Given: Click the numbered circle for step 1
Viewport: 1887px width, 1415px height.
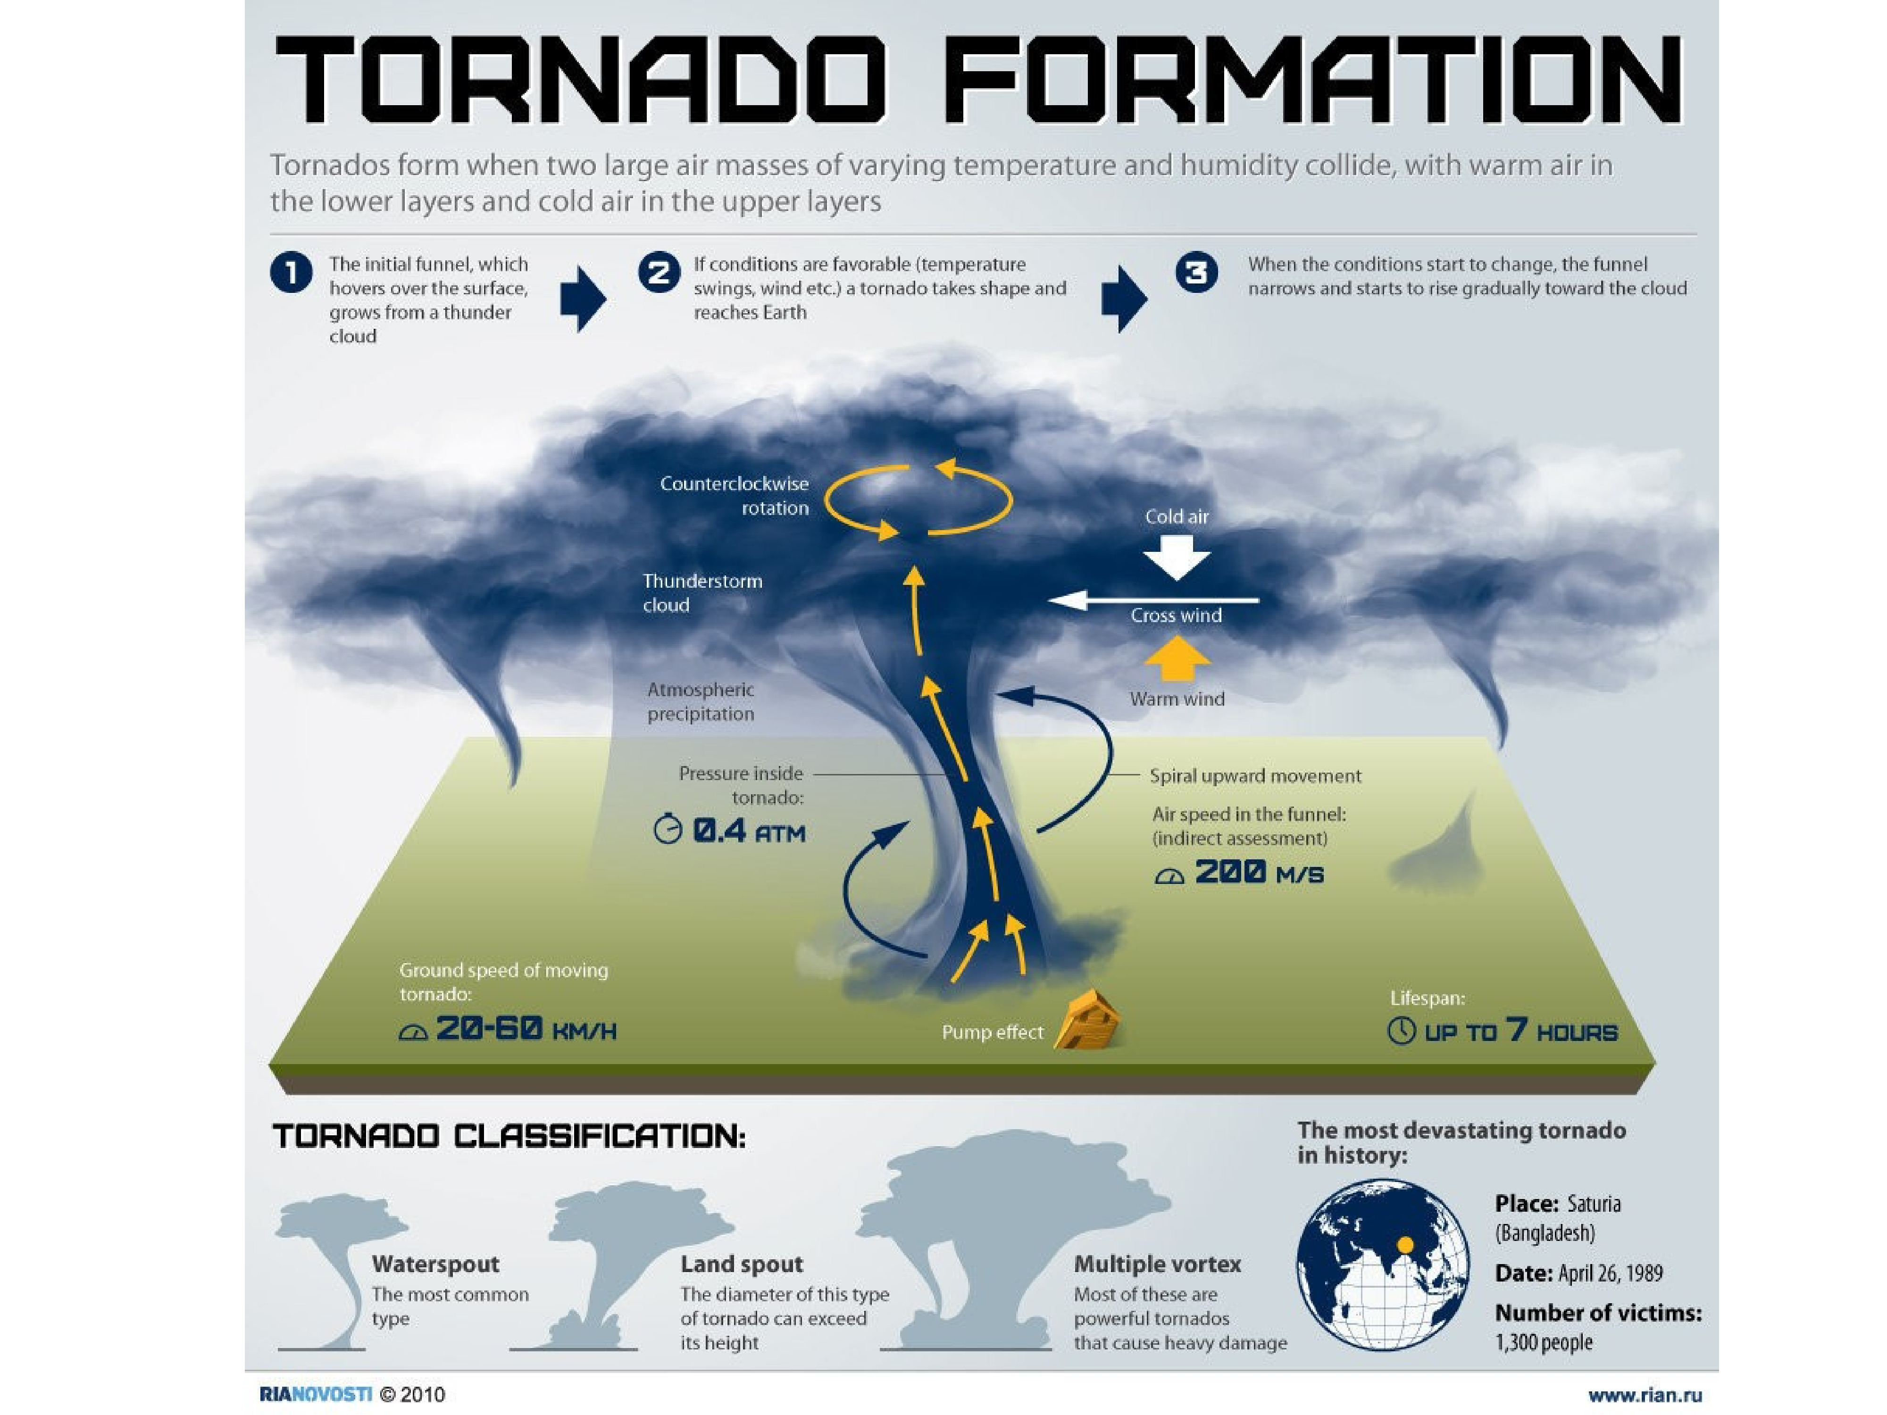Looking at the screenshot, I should (291, 274).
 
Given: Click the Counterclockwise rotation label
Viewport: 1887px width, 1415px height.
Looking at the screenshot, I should (734, 496).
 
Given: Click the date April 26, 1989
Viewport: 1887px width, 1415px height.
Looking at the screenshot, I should (1578, 1273).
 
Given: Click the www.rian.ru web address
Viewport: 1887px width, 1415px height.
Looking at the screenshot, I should (1644, 1395).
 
